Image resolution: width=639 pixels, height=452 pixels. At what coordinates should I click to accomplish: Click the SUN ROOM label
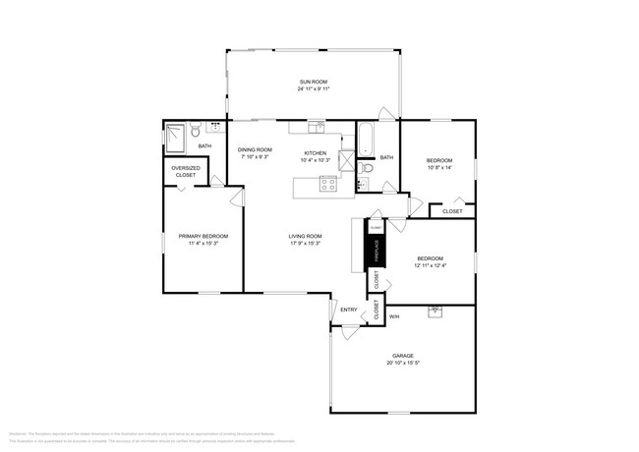(314, 82)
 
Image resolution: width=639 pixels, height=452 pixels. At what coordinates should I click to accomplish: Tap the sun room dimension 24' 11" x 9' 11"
(314, 89)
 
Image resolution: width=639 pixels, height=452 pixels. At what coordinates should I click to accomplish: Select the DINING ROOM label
(254, 149)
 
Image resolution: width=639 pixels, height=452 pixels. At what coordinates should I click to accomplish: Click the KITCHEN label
(315, 153)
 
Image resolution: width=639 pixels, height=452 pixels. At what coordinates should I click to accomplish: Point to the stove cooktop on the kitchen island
(328, 183)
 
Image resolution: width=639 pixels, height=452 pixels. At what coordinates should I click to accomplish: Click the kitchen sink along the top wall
(315, 127)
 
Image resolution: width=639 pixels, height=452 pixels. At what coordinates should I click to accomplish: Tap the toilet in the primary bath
(197, 130)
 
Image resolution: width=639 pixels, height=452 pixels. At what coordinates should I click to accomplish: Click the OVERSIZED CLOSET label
(186, 171)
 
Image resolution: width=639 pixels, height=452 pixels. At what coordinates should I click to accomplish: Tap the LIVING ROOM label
(306, 236)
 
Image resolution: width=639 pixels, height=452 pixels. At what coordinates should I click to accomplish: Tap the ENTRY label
(348, 311)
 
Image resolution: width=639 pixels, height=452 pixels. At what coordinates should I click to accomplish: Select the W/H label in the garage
(394, 316)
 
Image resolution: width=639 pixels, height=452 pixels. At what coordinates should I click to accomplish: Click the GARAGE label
(402, 357)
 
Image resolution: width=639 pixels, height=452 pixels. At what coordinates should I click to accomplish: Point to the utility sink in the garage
(434, 312)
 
